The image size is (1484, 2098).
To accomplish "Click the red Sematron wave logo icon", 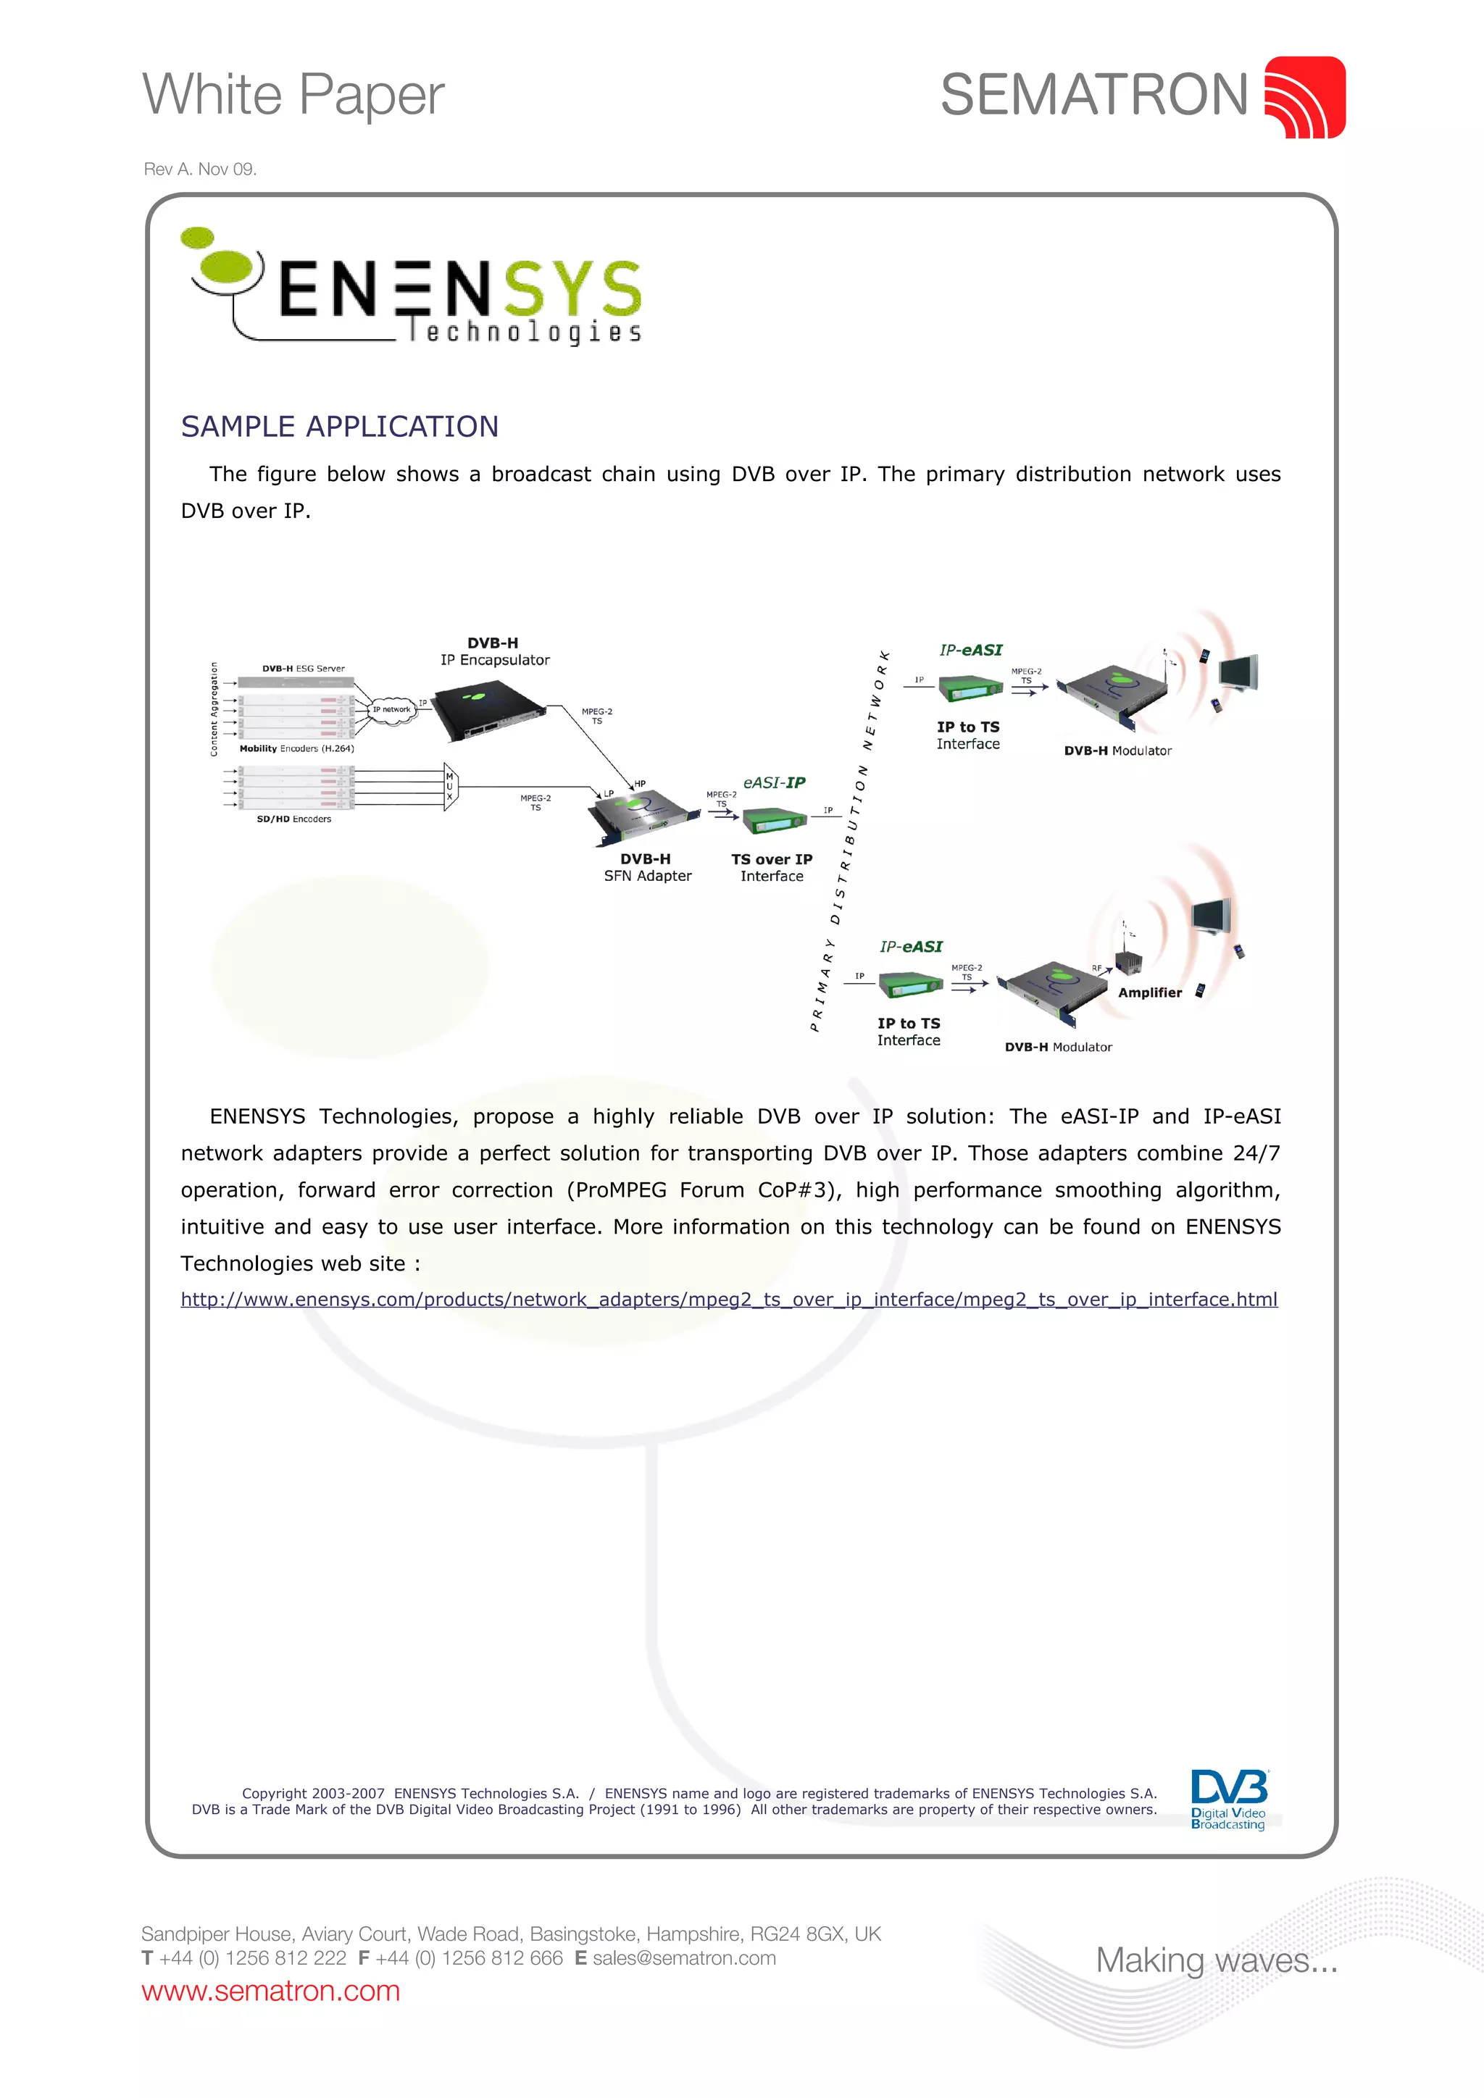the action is pos(1304,98).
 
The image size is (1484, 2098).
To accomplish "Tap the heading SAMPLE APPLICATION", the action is pos(340,427).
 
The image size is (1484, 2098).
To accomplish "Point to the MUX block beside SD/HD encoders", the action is pos(449,786).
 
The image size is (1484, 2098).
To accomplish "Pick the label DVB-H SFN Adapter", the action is pos(647,867).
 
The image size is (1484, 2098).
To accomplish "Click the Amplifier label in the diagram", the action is pos(1149,992).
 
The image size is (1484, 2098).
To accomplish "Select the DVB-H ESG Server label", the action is pos(304,669).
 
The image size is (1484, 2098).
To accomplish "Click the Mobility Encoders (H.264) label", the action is pos(296,748).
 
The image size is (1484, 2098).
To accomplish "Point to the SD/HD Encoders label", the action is pos(293,819).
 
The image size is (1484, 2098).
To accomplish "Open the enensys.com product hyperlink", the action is pos(729,1300).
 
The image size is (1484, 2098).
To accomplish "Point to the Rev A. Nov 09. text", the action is pos(200,169).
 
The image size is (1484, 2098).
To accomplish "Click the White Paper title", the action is pos(293,95).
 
